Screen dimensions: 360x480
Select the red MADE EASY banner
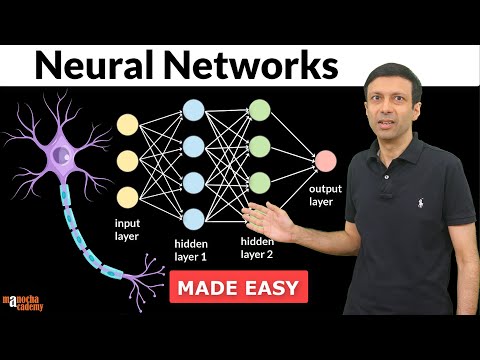point(240,289)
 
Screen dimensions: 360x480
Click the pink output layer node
point(325,160)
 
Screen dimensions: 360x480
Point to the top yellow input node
point(128,124)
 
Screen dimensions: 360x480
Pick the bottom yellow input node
point(128,195)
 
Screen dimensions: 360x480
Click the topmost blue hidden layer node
point(195,110)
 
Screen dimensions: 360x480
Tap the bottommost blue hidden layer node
point(195,217)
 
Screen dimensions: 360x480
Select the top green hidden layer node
point(260,110)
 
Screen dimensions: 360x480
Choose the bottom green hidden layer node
point(260,182)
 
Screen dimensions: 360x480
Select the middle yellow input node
point(128,160)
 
